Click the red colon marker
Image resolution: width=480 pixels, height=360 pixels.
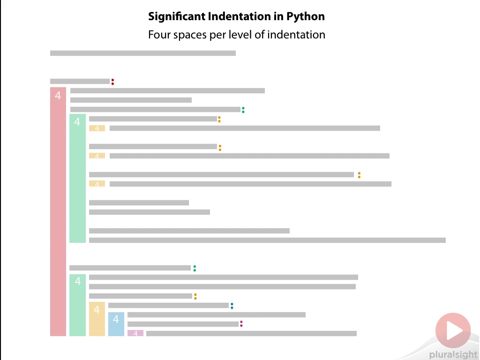[112, 82]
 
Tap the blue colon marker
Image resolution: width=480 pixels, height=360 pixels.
[232, 306]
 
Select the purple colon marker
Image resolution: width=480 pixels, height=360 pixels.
[241, 324]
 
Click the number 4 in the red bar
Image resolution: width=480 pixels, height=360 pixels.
[58, 96]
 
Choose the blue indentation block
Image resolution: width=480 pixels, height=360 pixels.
[116, 324]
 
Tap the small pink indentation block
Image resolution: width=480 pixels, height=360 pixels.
[135, 333]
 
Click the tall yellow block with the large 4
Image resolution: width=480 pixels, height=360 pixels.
[97, 319]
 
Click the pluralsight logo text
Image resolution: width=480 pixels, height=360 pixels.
[452, 355]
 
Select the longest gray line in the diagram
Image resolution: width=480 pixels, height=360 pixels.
[267, 240]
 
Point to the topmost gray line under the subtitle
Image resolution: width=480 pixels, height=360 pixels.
[142, 53]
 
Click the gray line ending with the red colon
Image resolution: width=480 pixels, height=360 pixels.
[80, 81]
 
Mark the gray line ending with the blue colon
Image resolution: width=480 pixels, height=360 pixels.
[168, 306]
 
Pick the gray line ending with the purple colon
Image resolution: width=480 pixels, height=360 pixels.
[183, 324]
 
